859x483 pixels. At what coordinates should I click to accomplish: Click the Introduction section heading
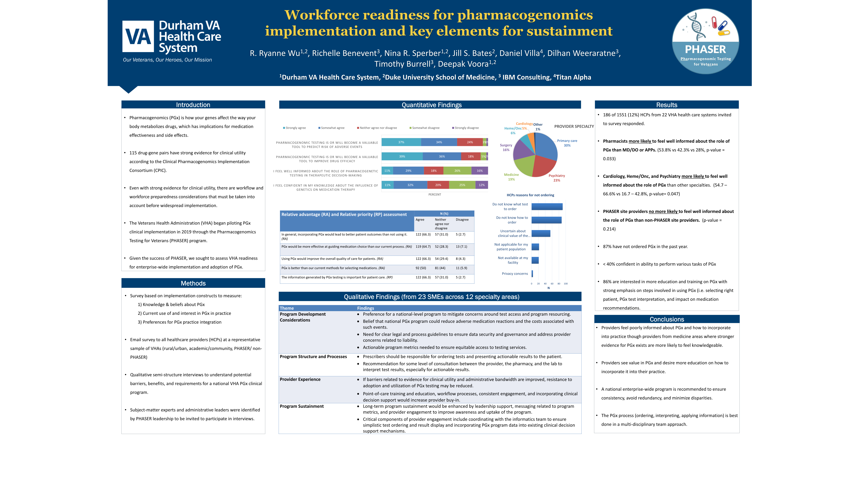click(x=193, y=105)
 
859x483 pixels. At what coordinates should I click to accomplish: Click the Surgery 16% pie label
click(x=506, y=147)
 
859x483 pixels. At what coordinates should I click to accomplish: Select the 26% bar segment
click(x=457, y=171)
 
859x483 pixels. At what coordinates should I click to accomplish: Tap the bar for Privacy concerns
click(x=532, y=274)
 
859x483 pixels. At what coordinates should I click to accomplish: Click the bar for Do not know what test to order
click(x=547, y=207)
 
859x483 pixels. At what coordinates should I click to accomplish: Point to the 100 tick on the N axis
click(x=565, y=284)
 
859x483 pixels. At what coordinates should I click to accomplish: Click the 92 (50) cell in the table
click(x=421, y=268)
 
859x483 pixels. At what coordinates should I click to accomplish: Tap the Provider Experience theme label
click(x=300, y=379)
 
